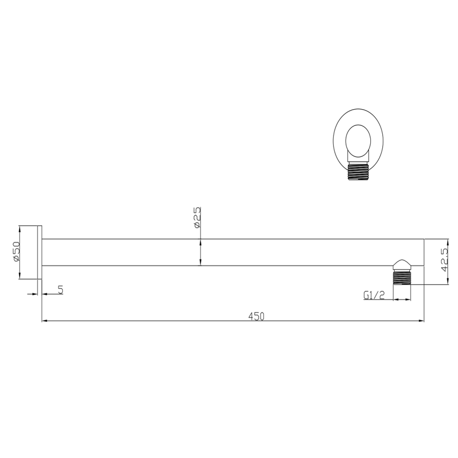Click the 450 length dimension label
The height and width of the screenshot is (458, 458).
point(257,317)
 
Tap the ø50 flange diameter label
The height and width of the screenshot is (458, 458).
point(16,253)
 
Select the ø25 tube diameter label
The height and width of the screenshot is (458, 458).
point(196,218)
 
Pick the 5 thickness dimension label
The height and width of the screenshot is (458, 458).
point(60,290)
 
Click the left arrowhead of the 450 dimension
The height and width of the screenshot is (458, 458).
point(44,321)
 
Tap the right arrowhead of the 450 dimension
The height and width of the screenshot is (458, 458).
point(421,321)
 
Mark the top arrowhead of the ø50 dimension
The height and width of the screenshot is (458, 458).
point(19,228)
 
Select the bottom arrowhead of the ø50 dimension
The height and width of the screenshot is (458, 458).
point(19,276)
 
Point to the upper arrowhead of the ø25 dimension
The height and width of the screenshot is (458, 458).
point(200,242)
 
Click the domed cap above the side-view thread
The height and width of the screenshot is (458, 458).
point(402,263)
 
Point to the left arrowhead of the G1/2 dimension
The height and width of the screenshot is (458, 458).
point(395,300)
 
